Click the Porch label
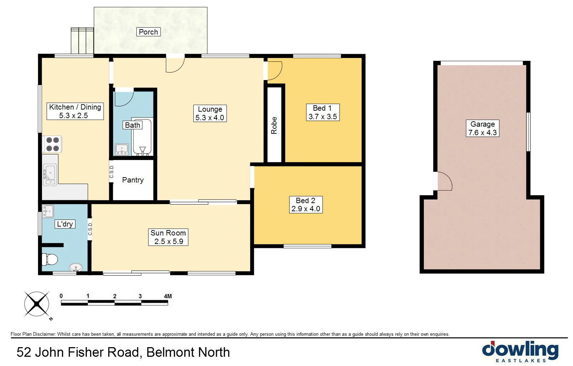[x=148, y=32]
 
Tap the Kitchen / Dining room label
[x=75, y=111]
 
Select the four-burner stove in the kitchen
[x=52, y=144]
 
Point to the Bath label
[x=132, y=125]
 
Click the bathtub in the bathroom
[x=143, y=137]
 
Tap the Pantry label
[x=133, y=180]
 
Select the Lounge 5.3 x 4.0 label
[x=210, y=113]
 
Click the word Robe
[x=274, y=125]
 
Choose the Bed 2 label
[x=305, y=205]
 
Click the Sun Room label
[x=168, y=237]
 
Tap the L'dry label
[x=65, y=224]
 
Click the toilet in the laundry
[x=50, y=259]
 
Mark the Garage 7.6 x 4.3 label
[x=483, y=128]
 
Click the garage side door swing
[x=444, y=181]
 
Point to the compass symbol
[x=37, y=304]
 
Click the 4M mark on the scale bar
[x=168, y=296]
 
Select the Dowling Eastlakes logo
[x=520, y=351]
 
